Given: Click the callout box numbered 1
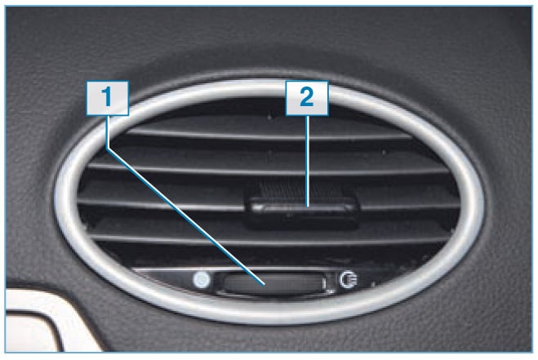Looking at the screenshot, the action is [108, 98].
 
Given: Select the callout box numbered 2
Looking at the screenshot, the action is [307, 98].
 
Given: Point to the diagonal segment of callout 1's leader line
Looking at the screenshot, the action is [185, 216].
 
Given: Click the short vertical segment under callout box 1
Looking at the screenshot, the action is [108, 131].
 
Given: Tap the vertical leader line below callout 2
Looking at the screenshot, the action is [308, 161].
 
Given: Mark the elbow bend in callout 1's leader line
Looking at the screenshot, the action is [108, 149].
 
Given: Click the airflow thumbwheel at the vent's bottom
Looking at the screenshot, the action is [273, 284].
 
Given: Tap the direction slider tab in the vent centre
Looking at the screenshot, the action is [302, 210].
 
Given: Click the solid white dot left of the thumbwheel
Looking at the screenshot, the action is [202, 280].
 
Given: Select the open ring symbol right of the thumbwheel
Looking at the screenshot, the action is [349, 280].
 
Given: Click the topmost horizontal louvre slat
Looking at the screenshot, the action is [269, 135].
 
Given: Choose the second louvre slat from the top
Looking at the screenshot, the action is [269, 170].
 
